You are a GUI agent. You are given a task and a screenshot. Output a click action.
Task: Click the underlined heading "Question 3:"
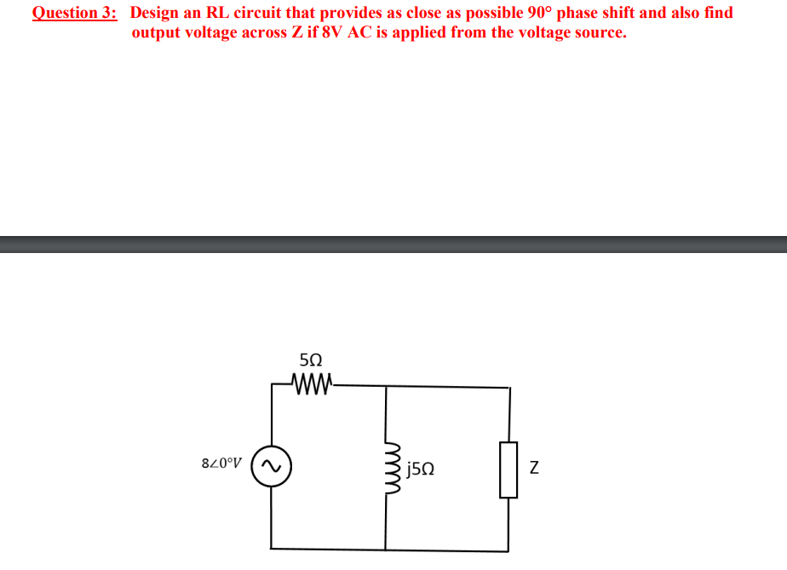(75, 14)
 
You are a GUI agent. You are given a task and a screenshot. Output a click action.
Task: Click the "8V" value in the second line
(333, 33)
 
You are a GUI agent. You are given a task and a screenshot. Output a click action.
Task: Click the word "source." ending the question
(598, 33)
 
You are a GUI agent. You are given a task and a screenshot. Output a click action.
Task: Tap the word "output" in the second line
(157, 33)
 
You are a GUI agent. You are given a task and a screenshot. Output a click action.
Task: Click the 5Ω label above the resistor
(311, 360)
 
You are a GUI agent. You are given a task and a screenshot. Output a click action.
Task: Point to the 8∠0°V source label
(221, 466)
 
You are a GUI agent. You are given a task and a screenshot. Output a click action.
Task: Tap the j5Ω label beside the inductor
(422, 468)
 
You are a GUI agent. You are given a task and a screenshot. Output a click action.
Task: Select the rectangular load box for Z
(508, 469)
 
